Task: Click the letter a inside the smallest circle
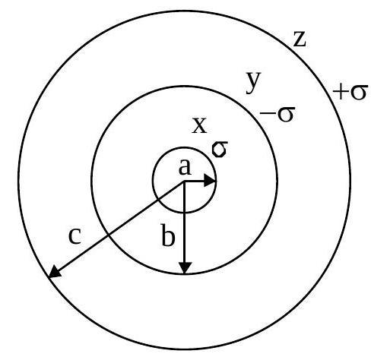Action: [185, 167]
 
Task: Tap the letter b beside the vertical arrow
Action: [168, 235]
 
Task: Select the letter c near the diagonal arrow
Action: [75, 236]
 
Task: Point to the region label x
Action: [199, 125]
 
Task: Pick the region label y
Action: [253, 82]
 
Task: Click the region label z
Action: [300, 39]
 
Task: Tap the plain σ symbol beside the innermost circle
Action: [220, 150]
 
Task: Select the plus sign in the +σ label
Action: [340, 91]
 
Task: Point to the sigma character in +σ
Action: [359, 92]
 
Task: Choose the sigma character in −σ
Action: [287, 114]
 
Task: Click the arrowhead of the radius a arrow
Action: [210, 181]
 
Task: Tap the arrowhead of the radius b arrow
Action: [185, 268]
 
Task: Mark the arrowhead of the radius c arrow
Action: [54, 273]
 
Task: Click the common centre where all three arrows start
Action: [185, 182]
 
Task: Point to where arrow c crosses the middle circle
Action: [109, 235]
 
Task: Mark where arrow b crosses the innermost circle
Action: [185, 212]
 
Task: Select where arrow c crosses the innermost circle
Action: [158, 200]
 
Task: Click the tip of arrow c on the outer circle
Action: [49, 278]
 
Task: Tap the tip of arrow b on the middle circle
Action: [185, 274]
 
